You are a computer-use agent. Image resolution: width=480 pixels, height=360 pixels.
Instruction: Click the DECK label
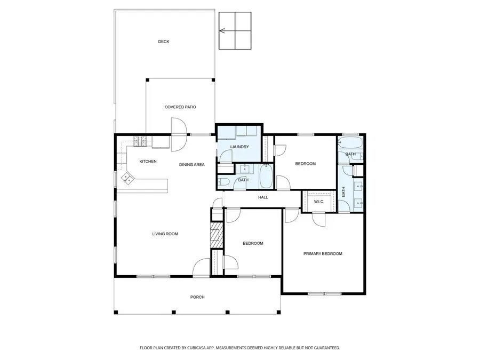point(164,42)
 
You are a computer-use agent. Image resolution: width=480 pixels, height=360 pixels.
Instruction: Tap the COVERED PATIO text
point(180,107)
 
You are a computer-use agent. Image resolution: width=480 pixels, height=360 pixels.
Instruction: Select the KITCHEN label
point(148,162)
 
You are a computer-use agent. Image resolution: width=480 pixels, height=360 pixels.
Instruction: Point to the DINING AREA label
point(191,165)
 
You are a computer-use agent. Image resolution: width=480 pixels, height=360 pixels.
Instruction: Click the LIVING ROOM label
point(165,234)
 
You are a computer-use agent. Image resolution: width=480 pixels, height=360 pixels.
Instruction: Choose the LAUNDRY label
point(239,147)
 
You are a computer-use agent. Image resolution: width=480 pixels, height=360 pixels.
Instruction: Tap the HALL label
point(263,197)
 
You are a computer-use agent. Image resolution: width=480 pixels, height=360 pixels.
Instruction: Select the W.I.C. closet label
point(319,202)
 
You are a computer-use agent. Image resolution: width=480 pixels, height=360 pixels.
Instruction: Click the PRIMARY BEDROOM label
point(323,254)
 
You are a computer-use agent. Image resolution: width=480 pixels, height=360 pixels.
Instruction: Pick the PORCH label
point(197,297)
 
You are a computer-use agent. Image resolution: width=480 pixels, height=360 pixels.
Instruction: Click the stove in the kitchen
point(140,141)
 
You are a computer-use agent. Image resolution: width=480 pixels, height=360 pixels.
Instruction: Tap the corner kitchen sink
point(127,178)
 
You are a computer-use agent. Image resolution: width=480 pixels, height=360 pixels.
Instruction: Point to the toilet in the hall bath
point(223,182)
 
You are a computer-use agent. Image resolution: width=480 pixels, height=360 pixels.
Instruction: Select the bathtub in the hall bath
point(266,177)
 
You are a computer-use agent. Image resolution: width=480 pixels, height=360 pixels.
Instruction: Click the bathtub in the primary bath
point(350,143)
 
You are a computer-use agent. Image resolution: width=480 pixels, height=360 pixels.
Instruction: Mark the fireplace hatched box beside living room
point(216,234)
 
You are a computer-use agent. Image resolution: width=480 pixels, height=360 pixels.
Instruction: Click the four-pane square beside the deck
point(235,30)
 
